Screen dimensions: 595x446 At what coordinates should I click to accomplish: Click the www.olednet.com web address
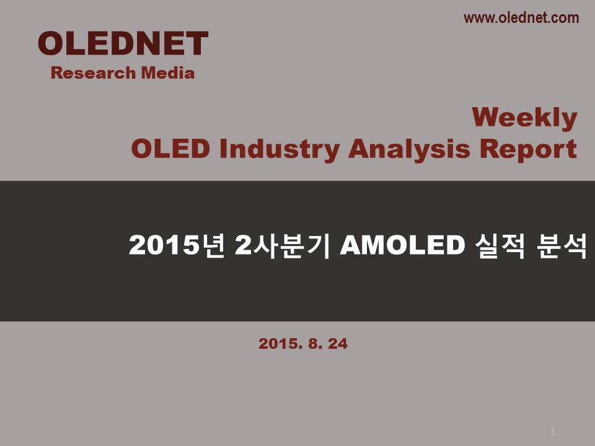[x=521, y=18]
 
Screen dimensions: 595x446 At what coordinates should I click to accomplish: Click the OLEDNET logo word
[x=123, y=43]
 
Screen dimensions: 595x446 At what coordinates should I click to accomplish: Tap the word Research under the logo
[x=93, y=73]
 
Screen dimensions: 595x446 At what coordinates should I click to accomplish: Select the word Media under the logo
[x=168, y=73]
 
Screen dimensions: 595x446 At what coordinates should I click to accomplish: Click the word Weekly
[x=524, y=118]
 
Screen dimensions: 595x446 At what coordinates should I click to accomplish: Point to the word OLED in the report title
[x=170, y=148]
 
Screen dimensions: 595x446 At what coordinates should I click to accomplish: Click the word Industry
[x=280, y=149]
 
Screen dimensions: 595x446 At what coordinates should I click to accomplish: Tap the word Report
[x=528, y=149]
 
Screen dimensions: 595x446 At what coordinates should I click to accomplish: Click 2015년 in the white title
[x=177, y=245]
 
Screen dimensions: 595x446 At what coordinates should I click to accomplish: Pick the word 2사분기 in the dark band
[x=283, y=245]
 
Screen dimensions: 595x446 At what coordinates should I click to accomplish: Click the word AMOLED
[x=403, y=245]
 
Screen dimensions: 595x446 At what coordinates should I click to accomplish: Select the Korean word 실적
[x=500, y=245]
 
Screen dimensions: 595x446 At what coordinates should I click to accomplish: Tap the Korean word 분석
[x=562, y=245]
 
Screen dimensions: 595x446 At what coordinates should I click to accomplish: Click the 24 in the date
[x=337, y=344]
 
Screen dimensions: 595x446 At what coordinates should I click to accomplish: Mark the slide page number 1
[x=553, y=431]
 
